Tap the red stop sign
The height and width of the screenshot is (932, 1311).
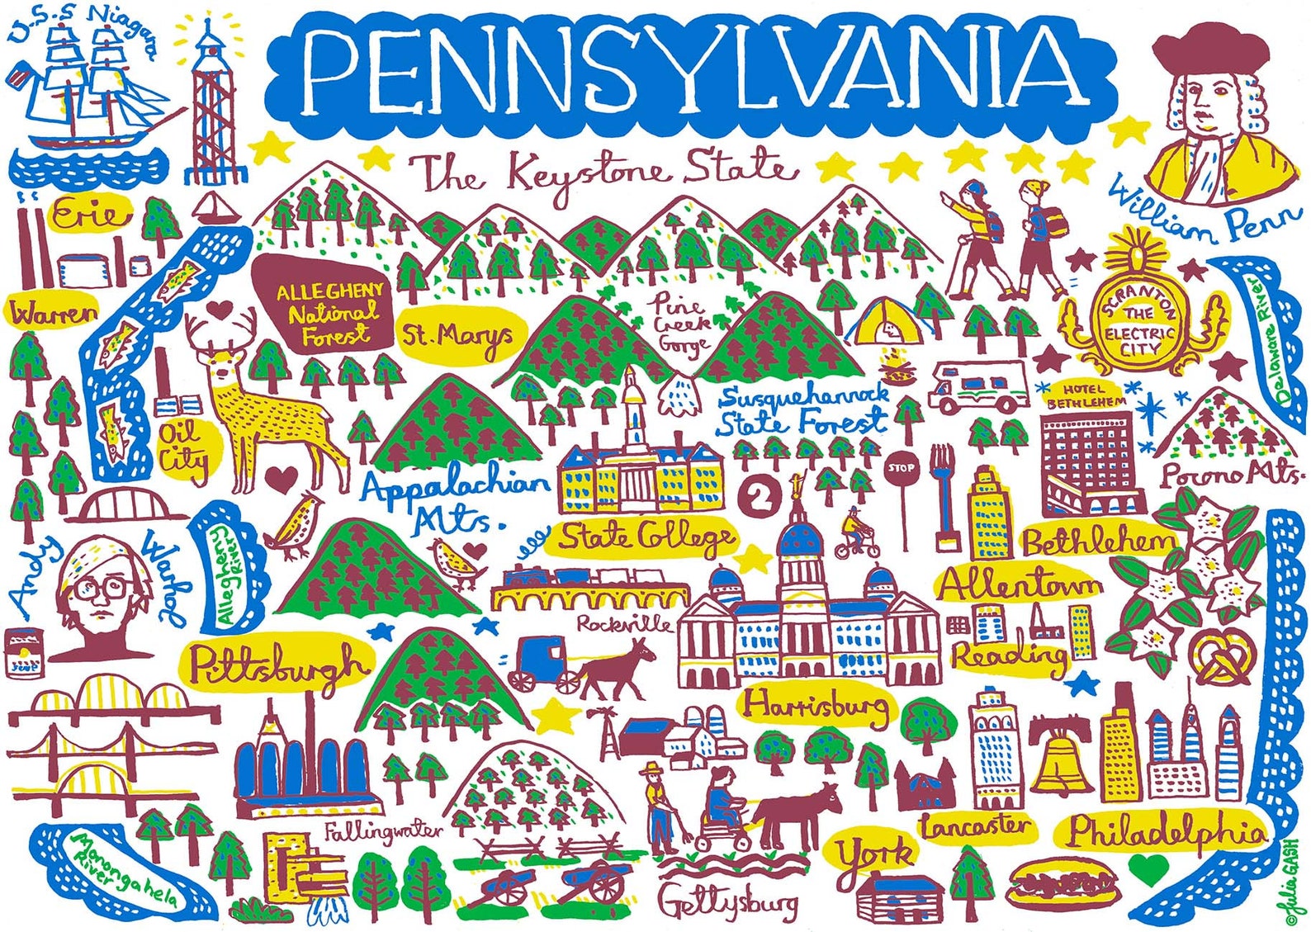(x=901, y=469)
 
